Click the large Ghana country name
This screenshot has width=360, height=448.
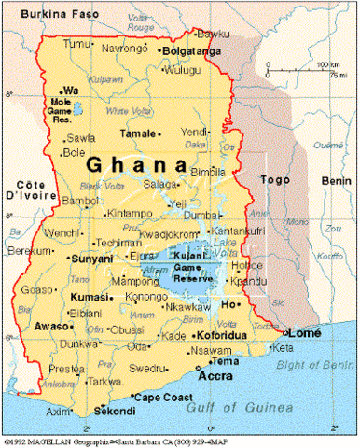tap(136, 164)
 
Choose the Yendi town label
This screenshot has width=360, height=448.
tap(194, 132)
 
